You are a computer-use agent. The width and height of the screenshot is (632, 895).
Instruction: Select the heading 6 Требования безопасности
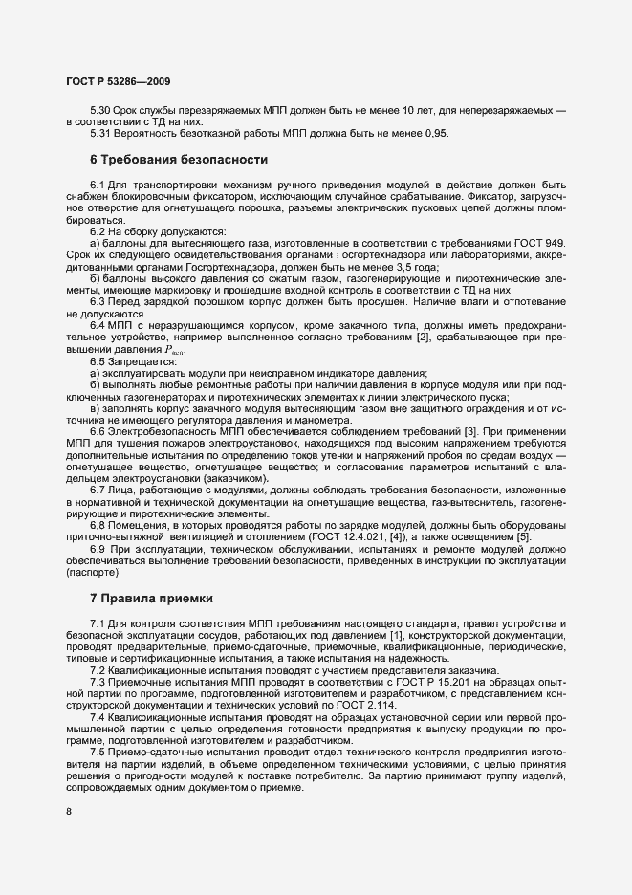(178, 158)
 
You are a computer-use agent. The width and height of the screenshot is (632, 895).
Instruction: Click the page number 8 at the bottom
(69, 812)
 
